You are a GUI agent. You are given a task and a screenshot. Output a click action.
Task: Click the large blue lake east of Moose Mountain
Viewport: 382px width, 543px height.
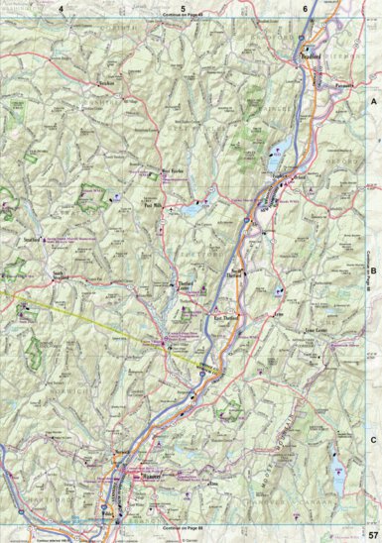pos(333,457)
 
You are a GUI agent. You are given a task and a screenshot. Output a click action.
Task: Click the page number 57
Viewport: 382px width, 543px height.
pos(370,535)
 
